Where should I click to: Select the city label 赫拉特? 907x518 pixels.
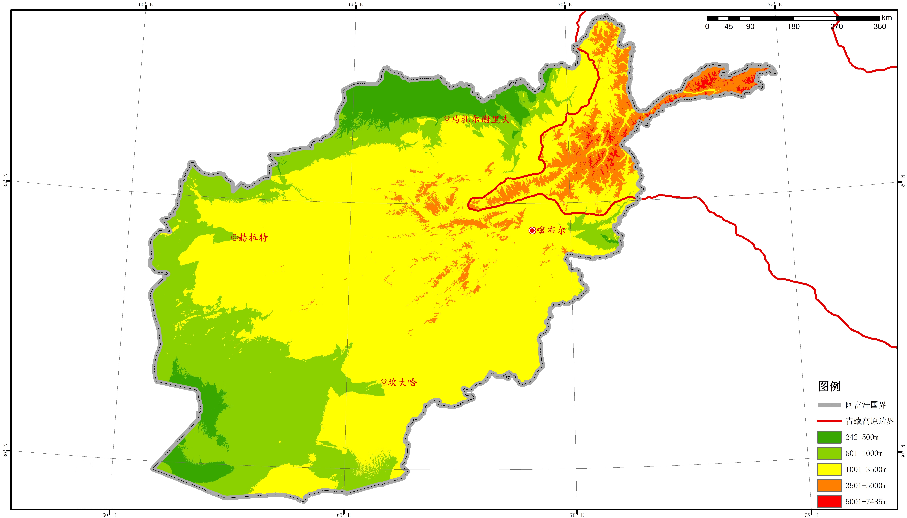(x=253, y=238)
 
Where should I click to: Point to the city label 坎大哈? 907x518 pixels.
(x=402, y=382)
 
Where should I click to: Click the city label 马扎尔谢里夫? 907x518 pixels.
(x=480, y=119)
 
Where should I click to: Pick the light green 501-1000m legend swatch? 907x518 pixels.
(x=829, y=453)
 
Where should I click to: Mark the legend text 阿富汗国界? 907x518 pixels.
(x=866, y=405)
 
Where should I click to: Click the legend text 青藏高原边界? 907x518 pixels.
(x=870, y=421)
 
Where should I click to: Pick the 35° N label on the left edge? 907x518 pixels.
(x=5, y=181)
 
